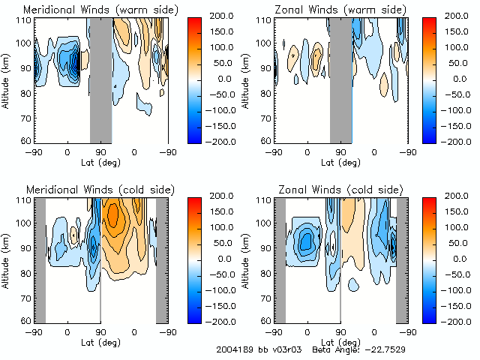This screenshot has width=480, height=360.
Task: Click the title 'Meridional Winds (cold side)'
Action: click(102, 190)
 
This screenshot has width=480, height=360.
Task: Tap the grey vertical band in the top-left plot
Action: click(100, 79)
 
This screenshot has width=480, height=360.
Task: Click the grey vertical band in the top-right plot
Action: click(341, 79)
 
